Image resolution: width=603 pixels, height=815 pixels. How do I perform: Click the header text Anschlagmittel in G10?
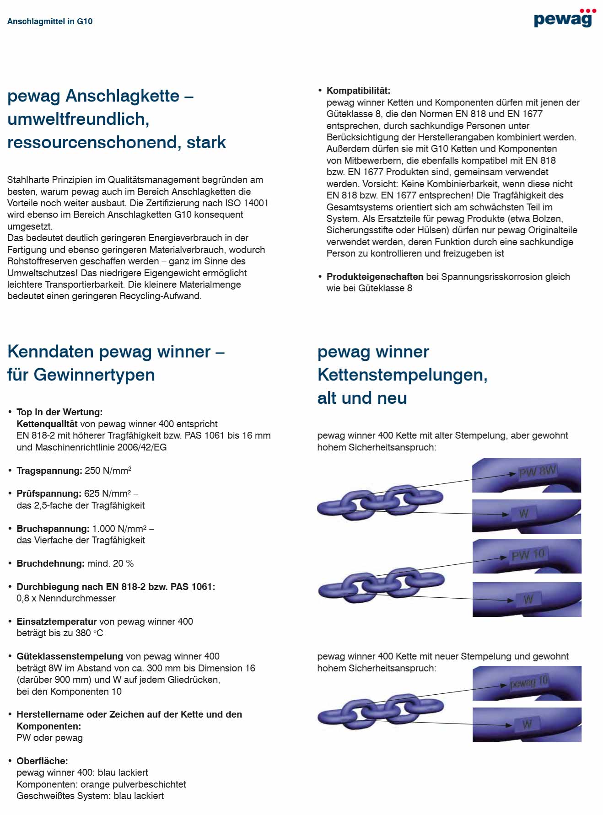point(50,21)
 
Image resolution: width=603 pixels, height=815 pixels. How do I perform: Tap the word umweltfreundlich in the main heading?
point(78,119)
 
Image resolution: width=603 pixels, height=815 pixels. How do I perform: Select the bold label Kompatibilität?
point(358,91)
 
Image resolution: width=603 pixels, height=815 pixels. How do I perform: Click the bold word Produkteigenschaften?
point(375,277)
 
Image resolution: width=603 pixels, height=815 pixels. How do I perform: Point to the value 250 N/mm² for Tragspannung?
point(108,471)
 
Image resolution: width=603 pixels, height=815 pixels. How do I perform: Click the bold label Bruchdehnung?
point(50,563)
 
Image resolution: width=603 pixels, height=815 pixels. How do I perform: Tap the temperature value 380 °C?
point(89,633)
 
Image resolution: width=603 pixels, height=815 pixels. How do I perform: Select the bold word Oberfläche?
point(42,761)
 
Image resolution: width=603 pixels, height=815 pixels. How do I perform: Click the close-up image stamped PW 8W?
point(526,475)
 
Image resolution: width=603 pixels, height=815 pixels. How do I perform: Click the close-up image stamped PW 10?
point(527,556)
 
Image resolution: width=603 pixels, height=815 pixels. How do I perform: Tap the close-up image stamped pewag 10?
point(527,683)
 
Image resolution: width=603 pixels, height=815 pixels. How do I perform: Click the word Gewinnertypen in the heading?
point(94,375)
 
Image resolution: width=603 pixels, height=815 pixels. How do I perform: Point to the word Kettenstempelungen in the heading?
point(402,375)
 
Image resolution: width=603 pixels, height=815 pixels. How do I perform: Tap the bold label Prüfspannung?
point(49,493)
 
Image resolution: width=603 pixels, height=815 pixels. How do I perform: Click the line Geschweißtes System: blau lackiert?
point(90,796)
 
